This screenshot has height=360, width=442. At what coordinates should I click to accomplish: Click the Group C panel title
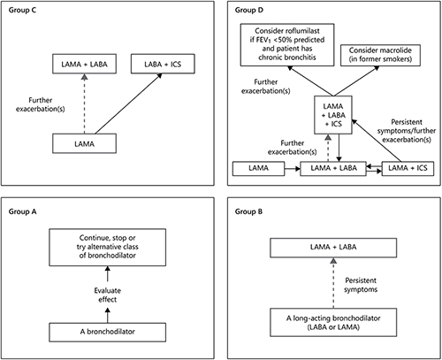coord(22,11)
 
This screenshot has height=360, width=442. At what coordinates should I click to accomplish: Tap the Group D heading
coord(249,11)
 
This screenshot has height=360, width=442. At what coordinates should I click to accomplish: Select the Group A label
coord(22,211)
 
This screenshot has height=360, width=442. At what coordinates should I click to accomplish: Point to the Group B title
coord(248,211)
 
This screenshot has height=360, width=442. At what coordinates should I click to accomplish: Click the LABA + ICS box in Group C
coord(163,64)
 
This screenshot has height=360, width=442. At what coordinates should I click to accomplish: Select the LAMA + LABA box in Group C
coord(84,64)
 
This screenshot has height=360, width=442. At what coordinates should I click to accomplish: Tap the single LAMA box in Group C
coord(84,143)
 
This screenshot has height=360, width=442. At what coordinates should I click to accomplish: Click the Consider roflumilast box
coord(287,45)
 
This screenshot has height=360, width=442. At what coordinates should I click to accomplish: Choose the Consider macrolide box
coord(380,55)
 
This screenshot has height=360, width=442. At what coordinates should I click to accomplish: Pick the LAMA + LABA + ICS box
coord(333,115)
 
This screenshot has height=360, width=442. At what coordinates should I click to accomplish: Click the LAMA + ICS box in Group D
coord(408,169)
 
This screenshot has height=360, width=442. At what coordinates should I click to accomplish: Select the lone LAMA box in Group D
coord(259,169)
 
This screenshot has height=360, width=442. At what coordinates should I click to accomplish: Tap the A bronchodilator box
coord(108,333)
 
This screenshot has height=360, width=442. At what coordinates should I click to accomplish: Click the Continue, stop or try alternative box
coord(108,248)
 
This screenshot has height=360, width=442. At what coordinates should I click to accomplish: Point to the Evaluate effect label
coord(108,295)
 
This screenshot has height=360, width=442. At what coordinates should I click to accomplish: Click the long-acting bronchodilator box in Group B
coord(333,322)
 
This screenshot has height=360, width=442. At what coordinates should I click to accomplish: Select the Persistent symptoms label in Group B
coord(361,285)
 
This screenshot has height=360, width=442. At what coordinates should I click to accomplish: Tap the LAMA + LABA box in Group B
coord(333,248)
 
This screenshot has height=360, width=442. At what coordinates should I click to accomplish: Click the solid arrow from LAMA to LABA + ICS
coord(128,103)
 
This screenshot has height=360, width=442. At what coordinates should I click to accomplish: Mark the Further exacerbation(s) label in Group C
coord(41,104)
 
